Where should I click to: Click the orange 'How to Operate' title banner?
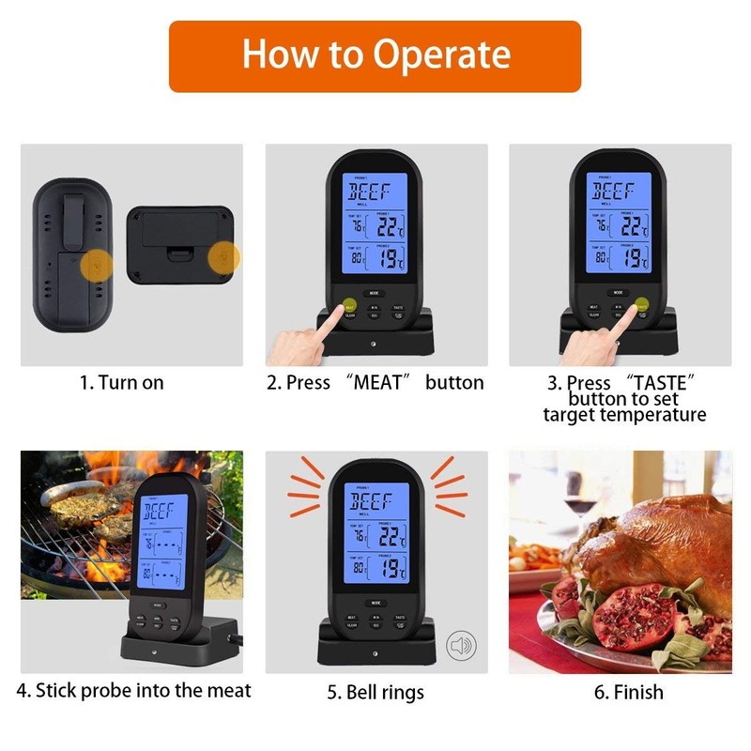[375, 55]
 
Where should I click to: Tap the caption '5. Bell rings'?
[375, 693]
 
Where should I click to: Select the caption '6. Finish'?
[629, 693]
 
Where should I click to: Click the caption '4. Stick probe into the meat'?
[134, 690]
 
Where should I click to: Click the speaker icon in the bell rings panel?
[461, 645]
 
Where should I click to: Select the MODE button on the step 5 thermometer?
[375, 601]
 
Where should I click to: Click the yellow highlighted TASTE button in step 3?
[642, 304]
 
